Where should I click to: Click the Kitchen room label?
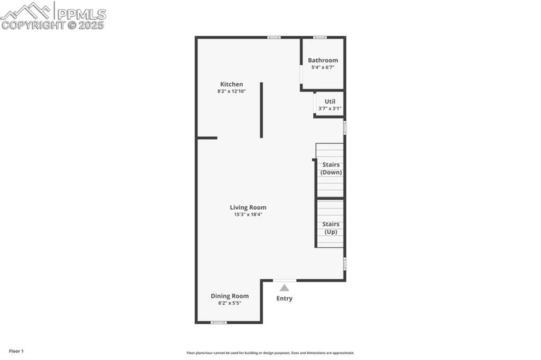pos(231,85)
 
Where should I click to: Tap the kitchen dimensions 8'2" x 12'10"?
pos(231,91)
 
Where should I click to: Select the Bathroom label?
pos(323,60)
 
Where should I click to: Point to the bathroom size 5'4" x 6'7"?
pos(323,67)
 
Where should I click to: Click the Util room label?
pos(330,102)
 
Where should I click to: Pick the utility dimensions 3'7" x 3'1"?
pos(330,108)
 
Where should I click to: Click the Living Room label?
pos(248,208)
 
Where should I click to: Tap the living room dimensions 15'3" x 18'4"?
pos(248,215)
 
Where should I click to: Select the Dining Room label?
pos(230,296)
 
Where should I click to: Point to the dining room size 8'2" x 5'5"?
pos(230,303)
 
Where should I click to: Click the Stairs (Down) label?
pos(331,168)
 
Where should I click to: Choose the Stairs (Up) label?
pos(331,228)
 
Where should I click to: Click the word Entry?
pos(285,298)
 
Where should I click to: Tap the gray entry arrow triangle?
pos(285,288)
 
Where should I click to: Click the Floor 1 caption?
pos(16,351)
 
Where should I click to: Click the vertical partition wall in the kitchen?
pos(262,110)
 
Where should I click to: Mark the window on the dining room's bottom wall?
pos(218,323)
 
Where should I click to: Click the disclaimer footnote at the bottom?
pos(270,353)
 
